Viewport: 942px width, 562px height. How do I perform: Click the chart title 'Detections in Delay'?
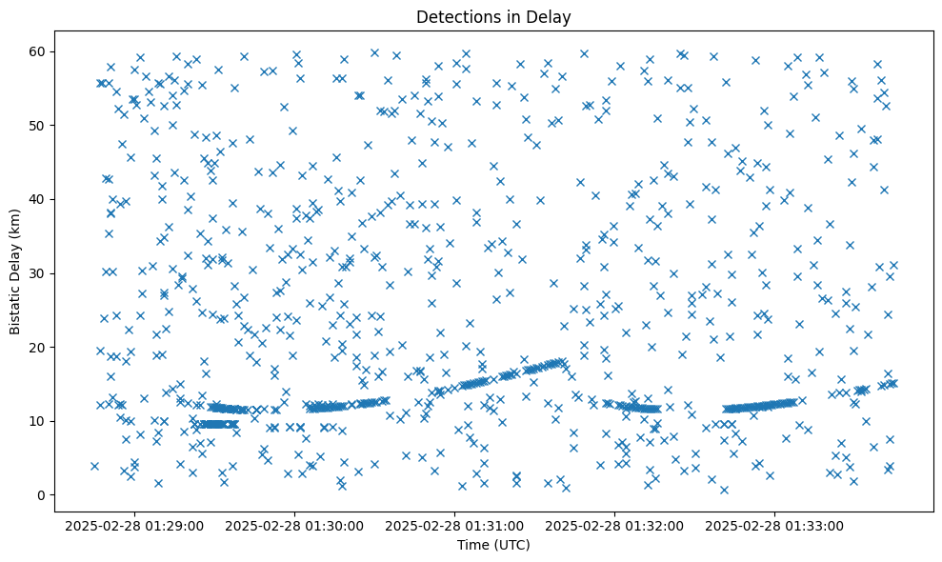(493, 16)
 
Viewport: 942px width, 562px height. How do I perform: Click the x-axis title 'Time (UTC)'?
(493, 546)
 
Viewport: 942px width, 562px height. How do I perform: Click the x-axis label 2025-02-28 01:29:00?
(134, 525)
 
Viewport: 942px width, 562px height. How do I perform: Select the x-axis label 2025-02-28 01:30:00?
(294, 525)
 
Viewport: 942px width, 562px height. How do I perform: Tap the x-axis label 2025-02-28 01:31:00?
(454, 525)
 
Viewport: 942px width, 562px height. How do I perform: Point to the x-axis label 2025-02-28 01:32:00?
(614, 525)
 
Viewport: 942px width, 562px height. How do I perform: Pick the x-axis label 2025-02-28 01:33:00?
(774, 525)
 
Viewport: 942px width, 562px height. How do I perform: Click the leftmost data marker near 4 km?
(94, 466)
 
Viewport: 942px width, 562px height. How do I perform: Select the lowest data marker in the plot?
(724, 490)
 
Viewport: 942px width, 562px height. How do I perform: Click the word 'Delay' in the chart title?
(551, 16)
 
